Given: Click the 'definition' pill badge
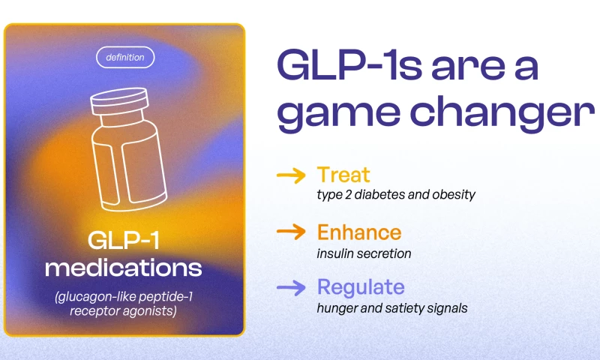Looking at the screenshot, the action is pos(125,58).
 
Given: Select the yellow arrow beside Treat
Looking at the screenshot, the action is pos(291,175).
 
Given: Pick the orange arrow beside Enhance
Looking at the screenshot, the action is pos(291,232).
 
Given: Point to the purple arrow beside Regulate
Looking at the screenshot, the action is pos(291,288).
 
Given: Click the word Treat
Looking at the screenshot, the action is pos(343,175).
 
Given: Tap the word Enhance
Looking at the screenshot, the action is pos(359,232).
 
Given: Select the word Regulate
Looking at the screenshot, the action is pos(361,288).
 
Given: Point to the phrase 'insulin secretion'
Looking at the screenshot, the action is pos(364,253).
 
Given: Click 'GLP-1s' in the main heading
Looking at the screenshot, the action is pos(349,64).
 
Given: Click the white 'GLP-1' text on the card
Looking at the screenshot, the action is pos(123,241).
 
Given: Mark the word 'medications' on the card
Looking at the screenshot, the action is pos(123,268).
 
